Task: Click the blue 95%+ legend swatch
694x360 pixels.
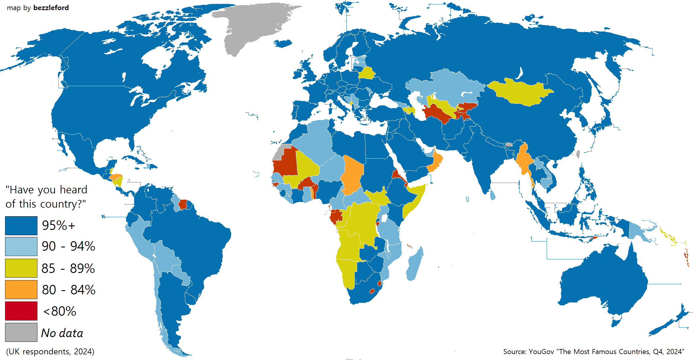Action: (x=21, y=226)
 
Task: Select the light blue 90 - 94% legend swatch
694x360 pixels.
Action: (x=21, y=247)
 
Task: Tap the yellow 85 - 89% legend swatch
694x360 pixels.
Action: (x=21, y=268)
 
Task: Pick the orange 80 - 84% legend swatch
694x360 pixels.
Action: (x=21, y=290)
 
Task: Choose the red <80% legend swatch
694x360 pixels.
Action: (x=21, y=311)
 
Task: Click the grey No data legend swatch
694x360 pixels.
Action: (x=21, y=332)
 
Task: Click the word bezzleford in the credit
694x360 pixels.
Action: (x=51, y=8)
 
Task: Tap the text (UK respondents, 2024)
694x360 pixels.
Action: (x=50, y=352)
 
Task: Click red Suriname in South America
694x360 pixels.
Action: (x=183, y=204)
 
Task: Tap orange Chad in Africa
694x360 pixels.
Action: (x=353, y=175)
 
